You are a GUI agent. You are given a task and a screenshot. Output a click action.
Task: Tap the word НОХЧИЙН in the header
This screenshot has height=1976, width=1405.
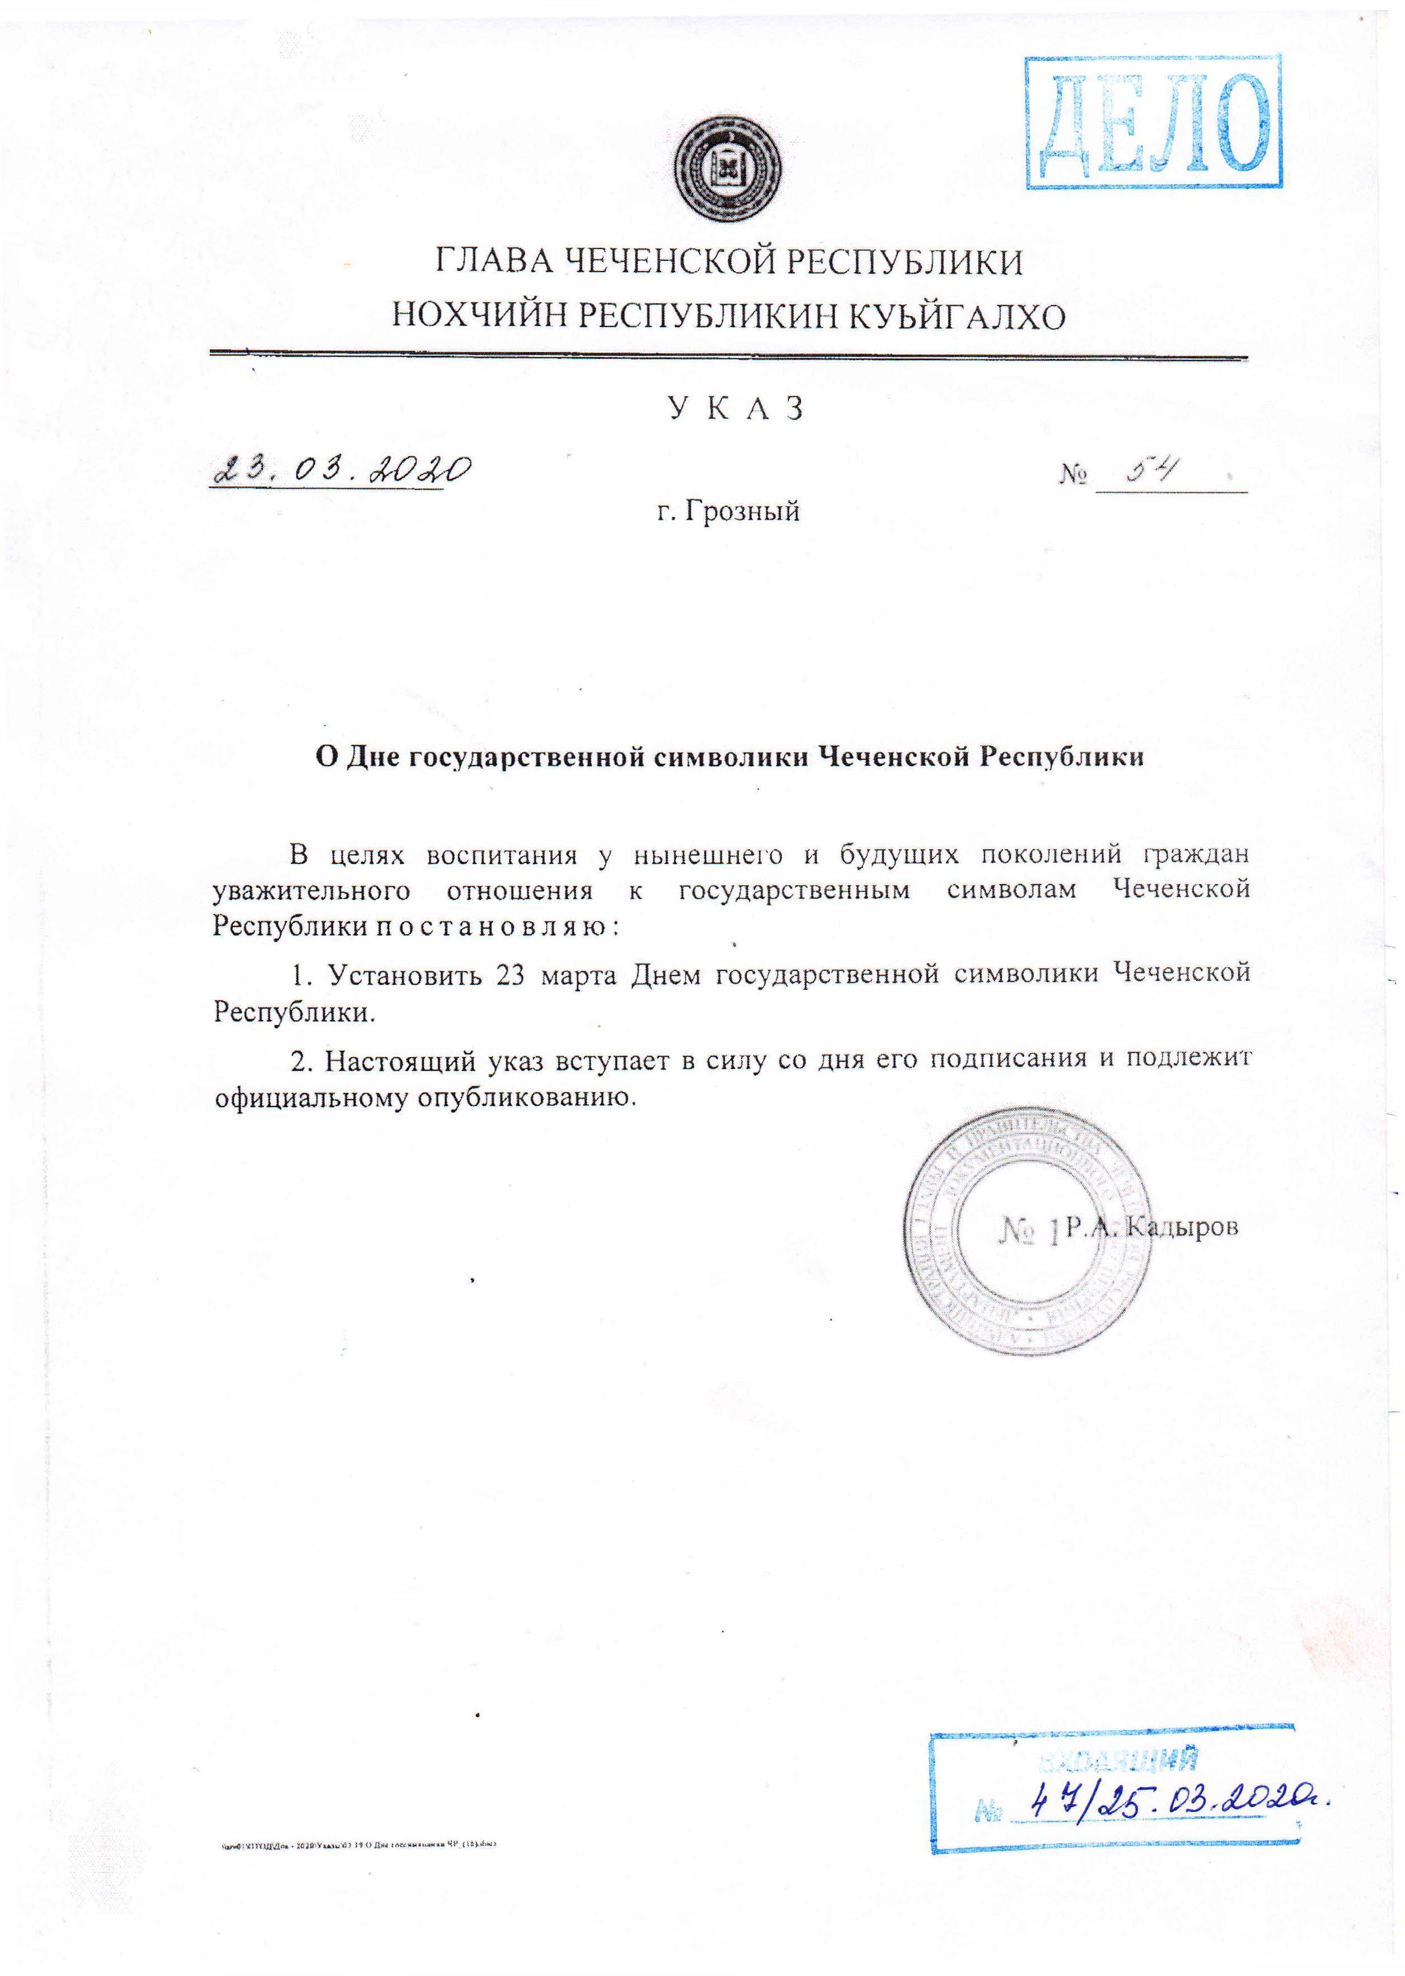479,317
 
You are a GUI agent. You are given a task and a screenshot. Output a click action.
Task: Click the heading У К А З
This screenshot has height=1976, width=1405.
734,408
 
